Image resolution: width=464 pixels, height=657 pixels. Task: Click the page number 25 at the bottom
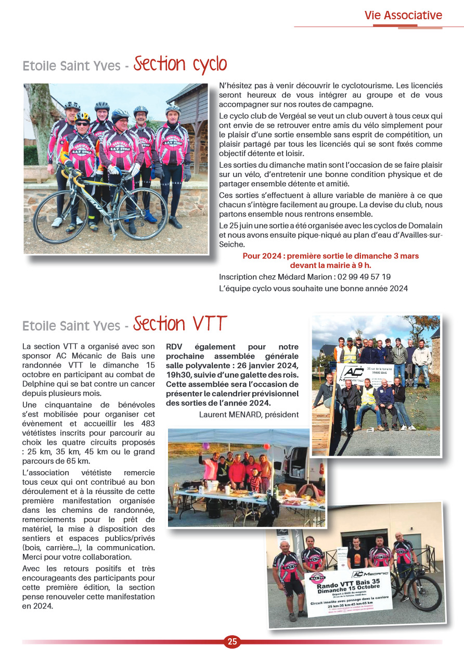click(232, 641)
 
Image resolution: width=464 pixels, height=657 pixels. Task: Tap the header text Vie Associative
click(403, 16)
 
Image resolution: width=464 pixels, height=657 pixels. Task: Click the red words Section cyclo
click(181, 65)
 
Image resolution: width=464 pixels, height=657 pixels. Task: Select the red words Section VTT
click(180, 324)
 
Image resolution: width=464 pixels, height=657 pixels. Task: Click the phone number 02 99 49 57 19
click(364, 277)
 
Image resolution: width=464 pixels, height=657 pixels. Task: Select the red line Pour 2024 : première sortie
click(330, 256)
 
